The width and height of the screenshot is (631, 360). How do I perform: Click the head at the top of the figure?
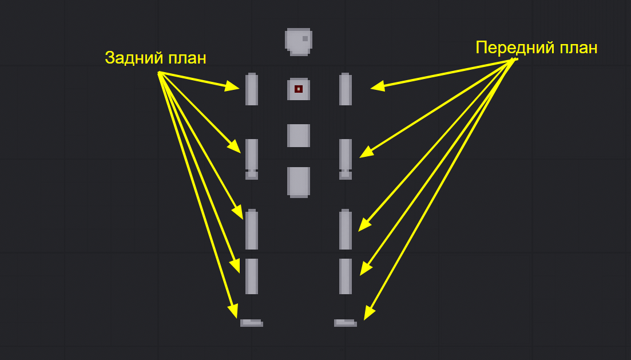click(299, 42)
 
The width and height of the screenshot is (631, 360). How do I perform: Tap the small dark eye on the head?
click(305, 39)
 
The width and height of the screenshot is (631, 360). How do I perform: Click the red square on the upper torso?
click(299, 89)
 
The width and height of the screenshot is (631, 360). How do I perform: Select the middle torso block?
click(299, 136)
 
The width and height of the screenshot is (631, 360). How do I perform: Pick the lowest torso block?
click(299, 182)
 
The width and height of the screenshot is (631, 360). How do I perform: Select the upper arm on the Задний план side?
click(252, 89)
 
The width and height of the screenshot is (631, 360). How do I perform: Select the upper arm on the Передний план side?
click(346, 89)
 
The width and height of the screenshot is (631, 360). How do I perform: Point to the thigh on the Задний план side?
click(252, 230)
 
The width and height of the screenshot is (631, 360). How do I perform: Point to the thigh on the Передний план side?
click(346, 230)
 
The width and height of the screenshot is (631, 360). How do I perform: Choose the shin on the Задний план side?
click(252, 276)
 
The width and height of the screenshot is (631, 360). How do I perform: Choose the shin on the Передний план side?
click(346, 276)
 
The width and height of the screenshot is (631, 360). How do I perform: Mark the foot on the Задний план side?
click(251, 323)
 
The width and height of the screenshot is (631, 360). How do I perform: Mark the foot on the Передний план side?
click(345, 323)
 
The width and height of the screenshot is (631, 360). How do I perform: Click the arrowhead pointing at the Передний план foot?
click(368, 314)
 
